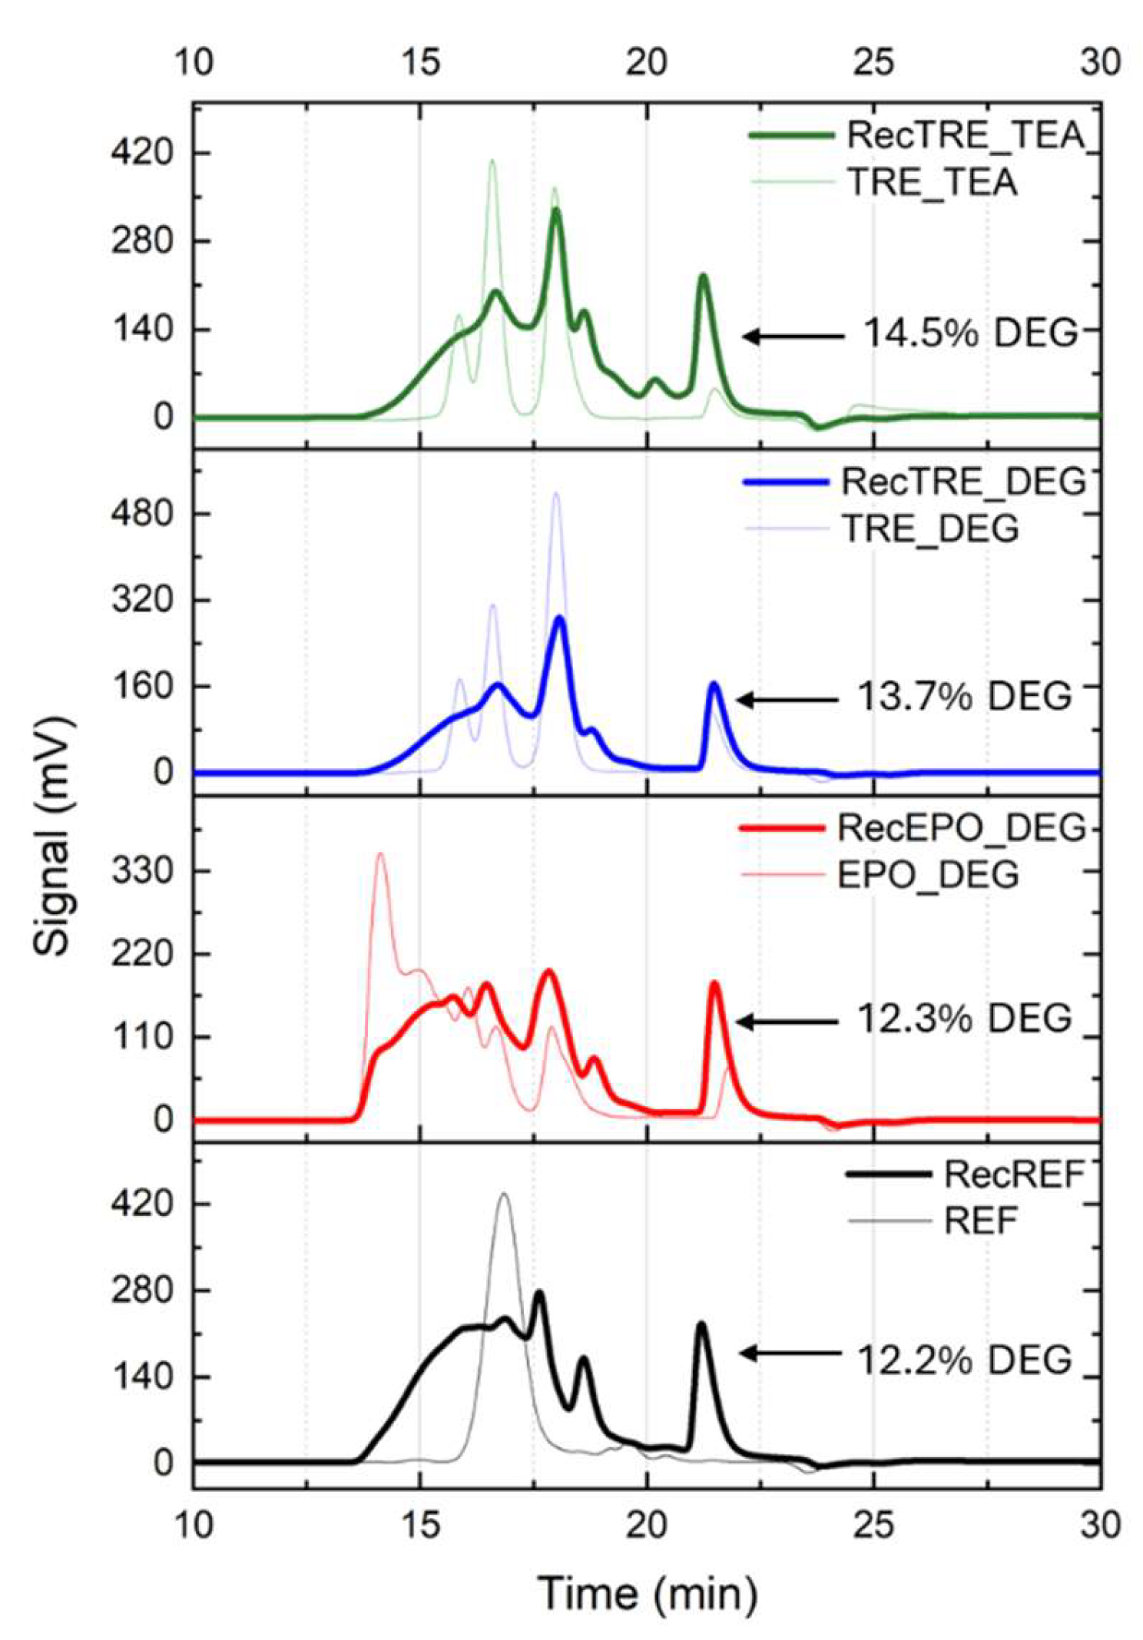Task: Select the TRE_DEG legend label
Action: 931,528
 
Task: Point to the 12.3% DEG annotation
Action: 963,1019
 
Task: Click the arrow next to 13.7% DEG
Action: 787,700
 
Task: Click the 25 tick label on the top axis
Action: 873,61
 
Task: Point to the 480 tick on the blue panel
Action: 143,512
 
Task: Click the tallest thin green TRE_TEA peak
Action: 492,161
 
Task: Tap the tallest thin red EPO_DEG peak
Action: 379,854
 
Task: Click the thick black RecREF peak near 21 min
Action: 701,1325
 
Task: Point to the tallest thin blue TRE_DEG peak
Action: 555,494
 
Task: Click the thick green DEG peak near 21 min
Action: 702,277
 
